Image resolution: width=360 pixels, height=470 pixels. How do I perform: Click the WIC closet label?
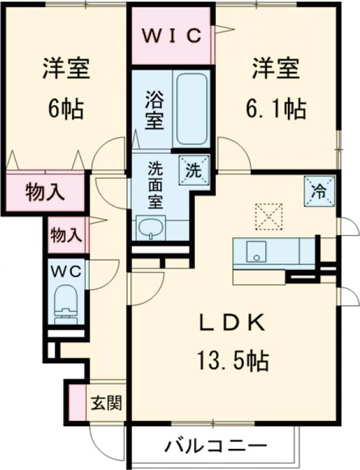click(x=171, y=35)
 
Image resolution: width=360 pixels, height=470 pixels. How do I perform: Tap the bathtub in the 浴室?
click(x=192, y=109)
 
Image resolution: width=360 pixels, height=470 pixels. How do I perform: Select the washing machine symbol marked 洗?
click(x=194, y=169)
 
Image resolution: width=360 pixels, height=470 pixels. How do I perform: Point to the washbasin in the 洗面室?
click(x=150, y=228)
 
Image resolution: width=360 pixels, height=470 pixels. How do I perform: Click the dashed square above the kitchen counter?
click(x=268, y=216)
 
